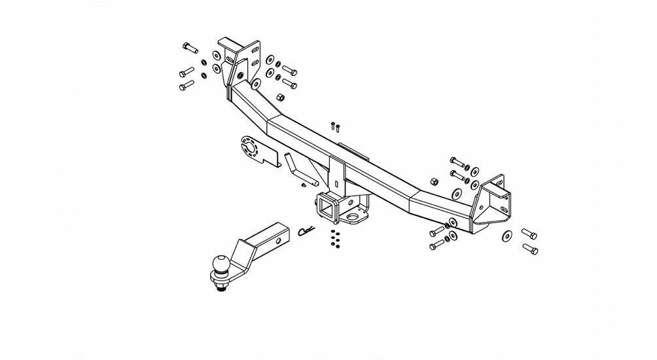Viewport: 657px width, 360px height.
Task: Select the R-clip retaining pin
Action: [306, 230]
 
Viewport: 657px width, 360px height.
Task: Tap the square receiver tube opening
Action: [326, 210]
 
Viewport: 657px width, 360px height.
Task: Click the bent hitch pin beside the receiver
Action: [299, 169]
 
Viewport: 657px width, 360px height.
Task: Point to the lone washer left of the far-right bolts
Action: [507, 235]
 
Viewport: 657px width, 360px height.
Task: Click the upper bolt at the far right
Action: [529, 233]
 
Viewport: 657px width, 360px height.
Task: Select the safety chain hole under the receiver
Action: [353, 214]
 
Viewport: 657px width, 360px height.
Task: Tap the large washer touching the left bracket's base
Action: [255, 84]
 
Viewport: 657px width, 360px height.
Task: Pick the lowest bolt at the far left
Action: [186, 86]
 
